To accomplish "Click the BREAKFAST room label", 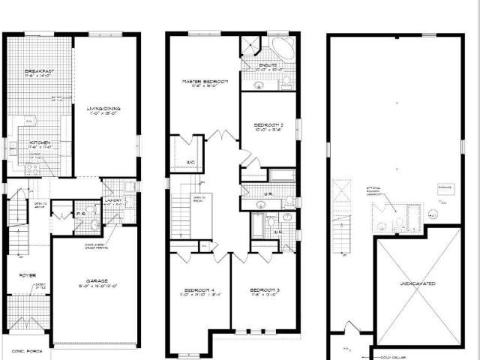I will [x=37, y=70].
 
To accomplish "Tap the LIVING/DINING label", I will [x=103, y=109].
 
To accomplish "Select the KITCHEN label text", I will [x=39, y=141].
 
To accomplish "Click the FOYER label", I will [x=28, y=275].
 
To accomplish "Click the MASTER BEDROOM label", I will [x=205, y=81].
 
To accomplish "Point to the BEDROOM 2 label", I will [x=268, y=124].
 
